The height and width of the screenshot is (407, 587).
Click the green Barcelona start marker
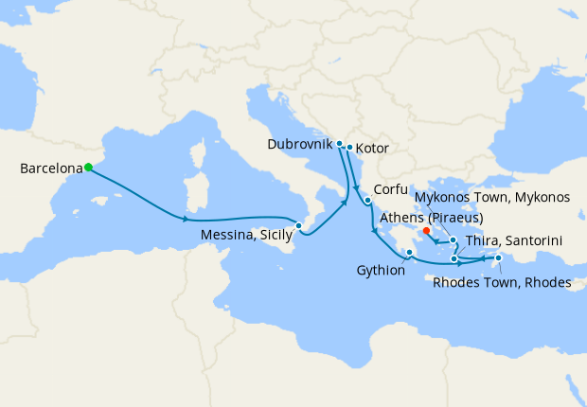pos(88,168)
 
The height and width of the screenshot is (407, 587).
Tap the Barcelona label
pos(50,168)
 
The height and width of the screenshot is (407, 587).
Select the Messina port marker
pos(298,225)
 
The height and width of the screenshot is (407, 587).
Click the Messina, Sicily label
pos(245,236)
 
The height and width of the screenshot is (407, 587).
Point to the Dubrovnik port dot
pos(339,143)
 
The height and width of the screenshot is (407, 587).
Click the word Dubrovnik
pos(300,144)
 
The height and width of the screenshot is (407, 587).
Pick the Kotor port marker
pos(349,147)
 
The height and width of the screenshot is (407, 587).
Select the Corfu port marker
pos(366,201)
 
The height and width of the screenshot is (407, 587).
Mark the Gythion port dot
pos(409,252)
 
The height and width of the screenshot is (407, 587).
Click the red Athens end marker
pos(427,230)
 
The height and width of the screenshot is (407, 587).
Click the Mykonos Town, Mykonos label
pos(492,197)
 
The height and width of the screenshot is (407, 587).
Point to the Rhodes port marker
pos(499,257)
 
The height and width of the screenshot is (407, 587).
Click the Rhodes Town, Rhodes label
pos(500,281)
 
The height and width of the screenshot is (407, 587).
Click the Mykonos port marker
pos(453,240)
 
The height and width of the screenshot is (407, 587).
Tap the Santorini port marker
pos(454,258)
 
